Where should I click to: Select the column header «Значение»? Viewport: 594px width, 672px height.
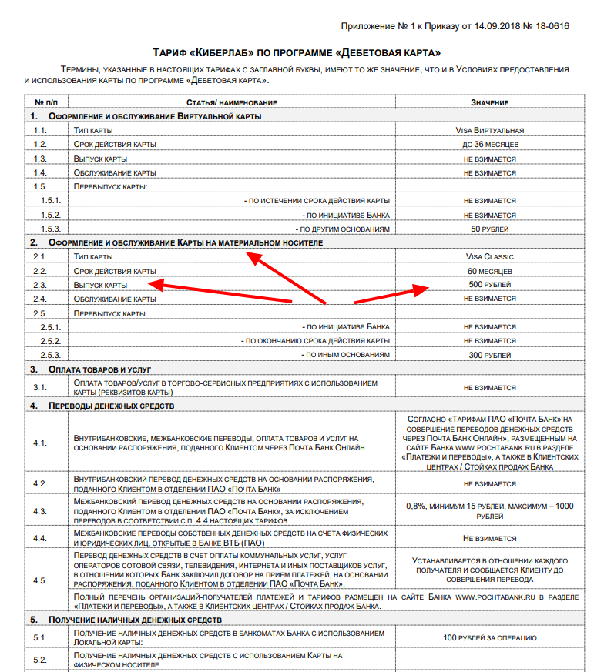coord(489,102)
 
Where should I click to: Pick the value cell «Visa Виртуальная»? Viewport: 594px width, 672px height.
coord(489,131)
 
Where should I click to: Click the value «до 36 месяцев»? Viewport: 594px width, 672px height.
coord(489,145)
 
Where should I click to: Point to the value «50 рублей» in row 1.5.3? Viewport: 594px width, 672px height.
coord(489,229)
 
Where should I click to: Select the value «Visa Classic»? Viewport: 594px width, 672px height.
coord(489,257)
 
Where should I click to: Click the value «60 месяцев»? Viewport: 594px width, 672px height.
coord(489,271)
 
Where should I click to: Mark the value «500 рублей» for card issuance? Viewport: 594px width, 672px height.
coord(489,285)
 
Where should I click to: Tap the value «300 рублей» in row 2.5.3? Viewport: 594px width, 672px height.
coord(489,355)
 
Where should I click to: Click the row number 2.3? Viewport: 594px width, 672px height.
coord(40,285)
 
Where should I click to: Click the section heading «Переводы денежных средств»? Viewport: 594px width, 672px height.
coord(112,405)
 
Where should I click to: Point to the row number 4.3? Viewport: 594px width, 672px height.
coord(40,511)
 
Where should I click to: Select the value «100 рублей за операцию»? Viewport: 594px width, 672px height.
coord(489,638)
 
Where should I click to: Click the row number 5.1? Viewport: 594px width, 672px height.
coord(40,638)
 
